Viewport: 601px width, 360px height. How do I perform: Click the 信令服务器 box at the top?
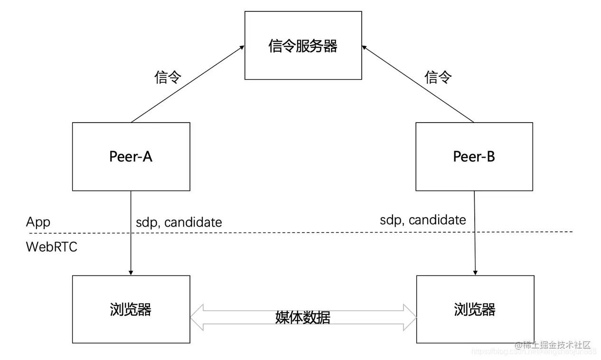303,46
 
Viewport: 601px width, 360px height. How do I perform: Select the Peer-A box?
131,157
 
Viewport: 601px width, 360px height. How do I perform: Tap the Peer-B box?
474,157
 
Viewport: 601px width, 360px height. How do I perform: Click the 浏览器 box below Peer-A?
131,309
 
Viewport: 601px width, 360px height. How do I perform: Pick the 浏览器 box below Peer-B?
474,309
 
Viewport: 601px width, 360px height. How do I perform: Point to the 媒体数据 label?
303,318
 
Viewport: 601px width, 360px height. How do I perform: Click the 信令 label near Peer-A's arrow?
168,77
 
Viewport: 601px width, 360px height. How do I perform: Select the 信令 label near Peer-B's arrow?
438,76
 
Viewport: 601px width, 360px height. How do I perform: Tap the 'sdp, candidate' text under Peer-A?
179,222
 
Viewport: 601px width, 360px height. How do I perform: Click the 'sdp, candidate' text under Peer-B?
423,220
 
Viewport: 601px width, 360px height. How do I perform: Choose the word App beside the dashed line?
38,222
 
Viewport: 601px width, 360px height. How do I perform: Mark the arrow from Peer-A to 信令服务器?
188,84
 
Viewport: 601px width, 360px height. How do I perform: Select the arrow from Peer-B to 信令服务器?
418,84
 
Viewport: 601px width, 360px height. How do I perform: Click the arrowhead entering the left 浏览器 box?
131,272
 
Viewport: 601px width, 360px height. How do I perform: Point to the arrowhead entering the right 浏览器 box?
475,272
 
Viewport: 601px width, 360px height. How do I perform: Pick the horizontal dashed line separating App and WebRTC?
304,232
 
